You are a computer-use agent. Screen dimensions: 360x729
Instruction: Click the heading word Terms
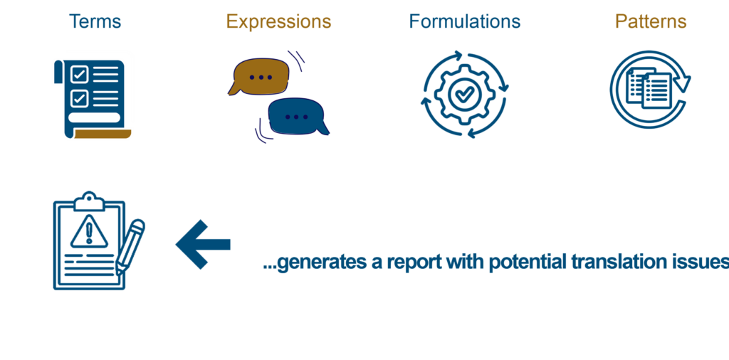[95, 21]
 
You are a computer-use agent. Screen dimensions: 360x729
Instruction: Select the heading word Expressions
[278, 21]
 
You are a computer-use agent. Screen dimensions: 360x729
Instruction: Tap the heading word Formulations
[464, 21]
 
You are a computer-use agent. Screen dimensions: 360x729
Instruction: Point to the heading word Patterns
[651, 21]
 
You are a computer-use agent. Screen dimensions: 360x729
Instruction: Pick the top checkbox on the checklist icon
[79, 73]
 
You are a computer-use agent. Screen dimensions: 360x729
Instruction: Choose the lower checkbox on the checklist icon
[79, 97]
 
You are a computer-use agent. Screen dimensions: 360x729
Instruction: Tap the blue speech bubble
[296, 116]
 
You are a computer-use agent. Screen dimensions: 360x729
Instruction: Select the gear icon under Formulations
[464, 93]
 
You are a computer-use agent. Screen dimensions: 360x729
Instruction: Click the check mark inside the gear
[464, 93]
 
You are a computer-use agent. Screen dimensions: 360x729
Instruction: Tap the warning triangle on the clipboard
[89, 230]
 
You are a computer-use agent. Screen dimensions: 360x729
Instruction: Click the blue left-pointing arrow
[204, 244]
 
